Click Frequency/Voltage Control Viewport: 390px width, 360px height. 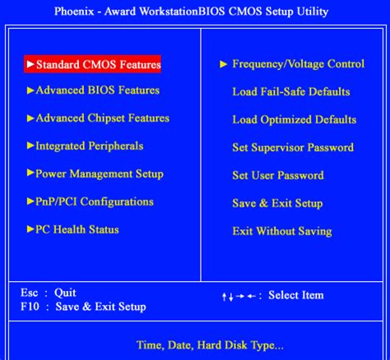tap(298, 64)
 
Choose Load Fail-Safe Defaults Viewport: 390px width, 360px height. tap(291, 92)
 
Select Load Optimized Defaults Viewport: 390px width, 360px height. tap(294, 120)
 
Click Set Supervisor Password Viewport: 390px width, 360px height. tap(293, 148)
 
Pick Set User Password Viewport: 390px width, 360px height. tap(278, 176)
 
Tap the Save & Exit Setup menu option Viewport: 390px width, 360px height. tap(277, 204)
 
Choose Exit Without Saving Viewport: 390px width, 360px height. tap(281, 232)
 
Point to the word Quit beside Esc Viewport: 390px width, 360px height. tap(65, 293)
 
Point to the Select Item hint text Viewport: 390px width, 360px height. tap(296, 295)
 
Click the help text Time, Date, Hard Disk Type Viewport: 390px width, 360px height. tap(209, 344)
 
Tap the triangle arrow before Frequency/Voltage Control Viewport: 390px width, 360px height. tap(223, 64)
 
